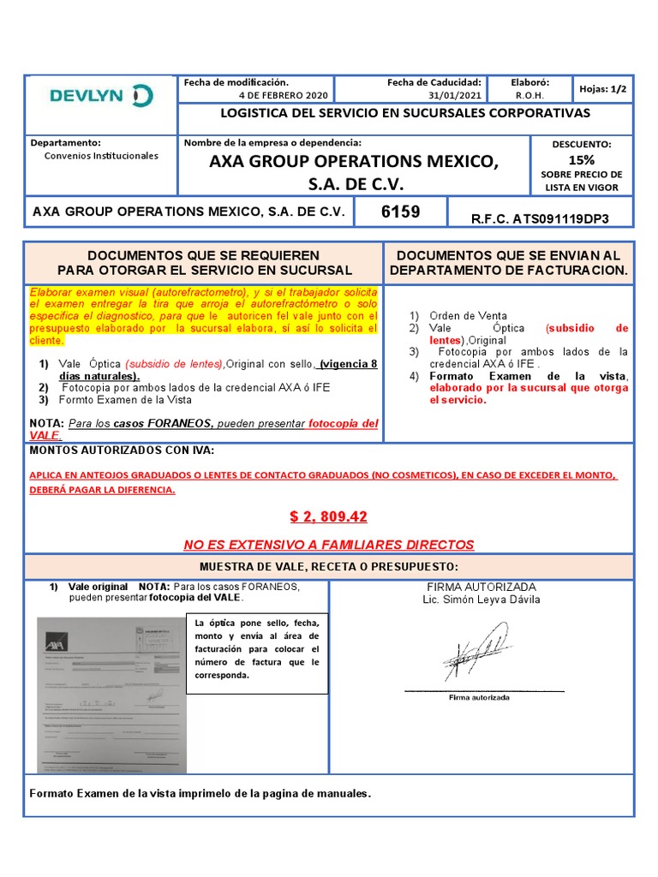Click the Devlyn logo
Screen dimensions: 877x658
[x=101, y=96]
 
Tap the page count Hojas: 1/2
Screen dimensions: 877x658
[x=602, y=88]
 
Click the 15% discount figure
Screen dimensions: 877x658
[x=582, y=159]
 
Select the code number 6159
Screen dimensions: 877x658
[x=401, y=211]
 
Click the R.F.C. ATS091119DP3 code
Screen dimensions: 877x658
[x=540, y=218]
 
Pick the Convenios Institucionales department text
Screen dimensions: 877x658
[x=101, y=156]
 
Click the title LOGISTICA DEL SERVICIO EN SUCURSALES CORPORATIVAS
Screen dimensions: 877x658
[x=405, y=113]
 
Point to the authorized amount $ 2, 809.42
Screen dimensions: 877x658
[x=328, y=516]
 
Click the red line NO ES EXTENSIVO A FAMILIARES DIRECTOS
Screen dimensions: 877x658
[x=328, y=545]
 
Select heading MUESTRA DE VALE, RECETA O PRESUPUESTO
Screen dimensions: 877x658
[x=328, y=567]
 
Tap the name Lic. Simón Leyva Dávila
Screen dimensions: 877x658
[x=481, y=600]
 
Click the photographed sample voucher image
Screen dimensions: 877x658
[x=111, y=695]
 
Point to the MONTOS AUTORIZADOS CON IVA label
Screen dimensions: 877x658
[x=123, y=450]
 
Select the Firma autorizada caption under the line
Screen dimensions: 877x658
[x=479, y=697]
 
